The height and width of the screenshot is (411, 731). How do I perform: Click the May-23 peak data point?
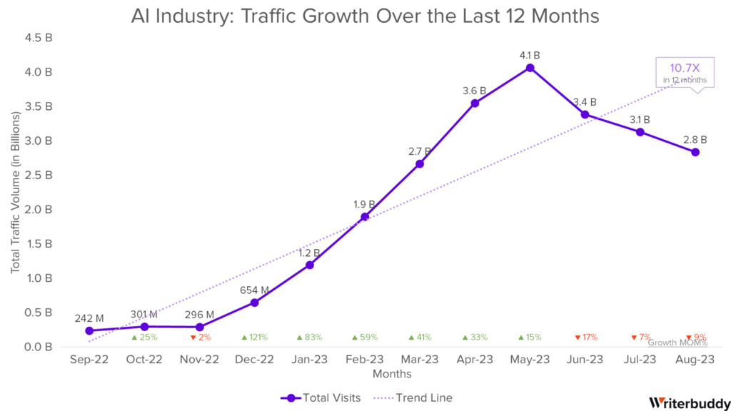coord(530,68)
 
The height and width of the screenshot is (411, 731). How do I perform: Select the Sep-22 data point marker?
coord(89,330)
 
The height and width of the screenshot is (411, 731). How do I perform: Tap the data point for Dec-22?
coord(254,303)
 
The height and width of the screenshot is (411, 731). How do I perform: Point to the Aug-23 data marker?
coord(695,152)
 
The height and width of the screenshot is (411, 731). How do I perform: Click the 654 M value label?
coord(254,290)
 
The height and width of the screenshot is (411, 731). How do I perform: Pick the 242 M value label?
coord(89,318)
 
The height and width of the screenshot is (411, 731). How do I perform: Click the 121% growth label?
coord(254,337)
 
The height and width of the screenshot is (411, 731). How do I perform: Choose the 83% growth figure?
coord(309,337)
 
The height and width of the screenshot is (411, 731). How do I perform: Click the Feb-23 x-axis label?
coord(365,360)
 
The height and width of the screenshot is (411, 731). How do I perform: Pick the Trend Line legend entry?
coord(418,398)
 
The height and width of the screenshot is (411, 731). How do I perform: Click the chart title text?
coord(365,15)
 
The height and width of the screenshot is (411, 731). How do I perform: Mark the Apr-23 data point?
coord(475,103)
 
